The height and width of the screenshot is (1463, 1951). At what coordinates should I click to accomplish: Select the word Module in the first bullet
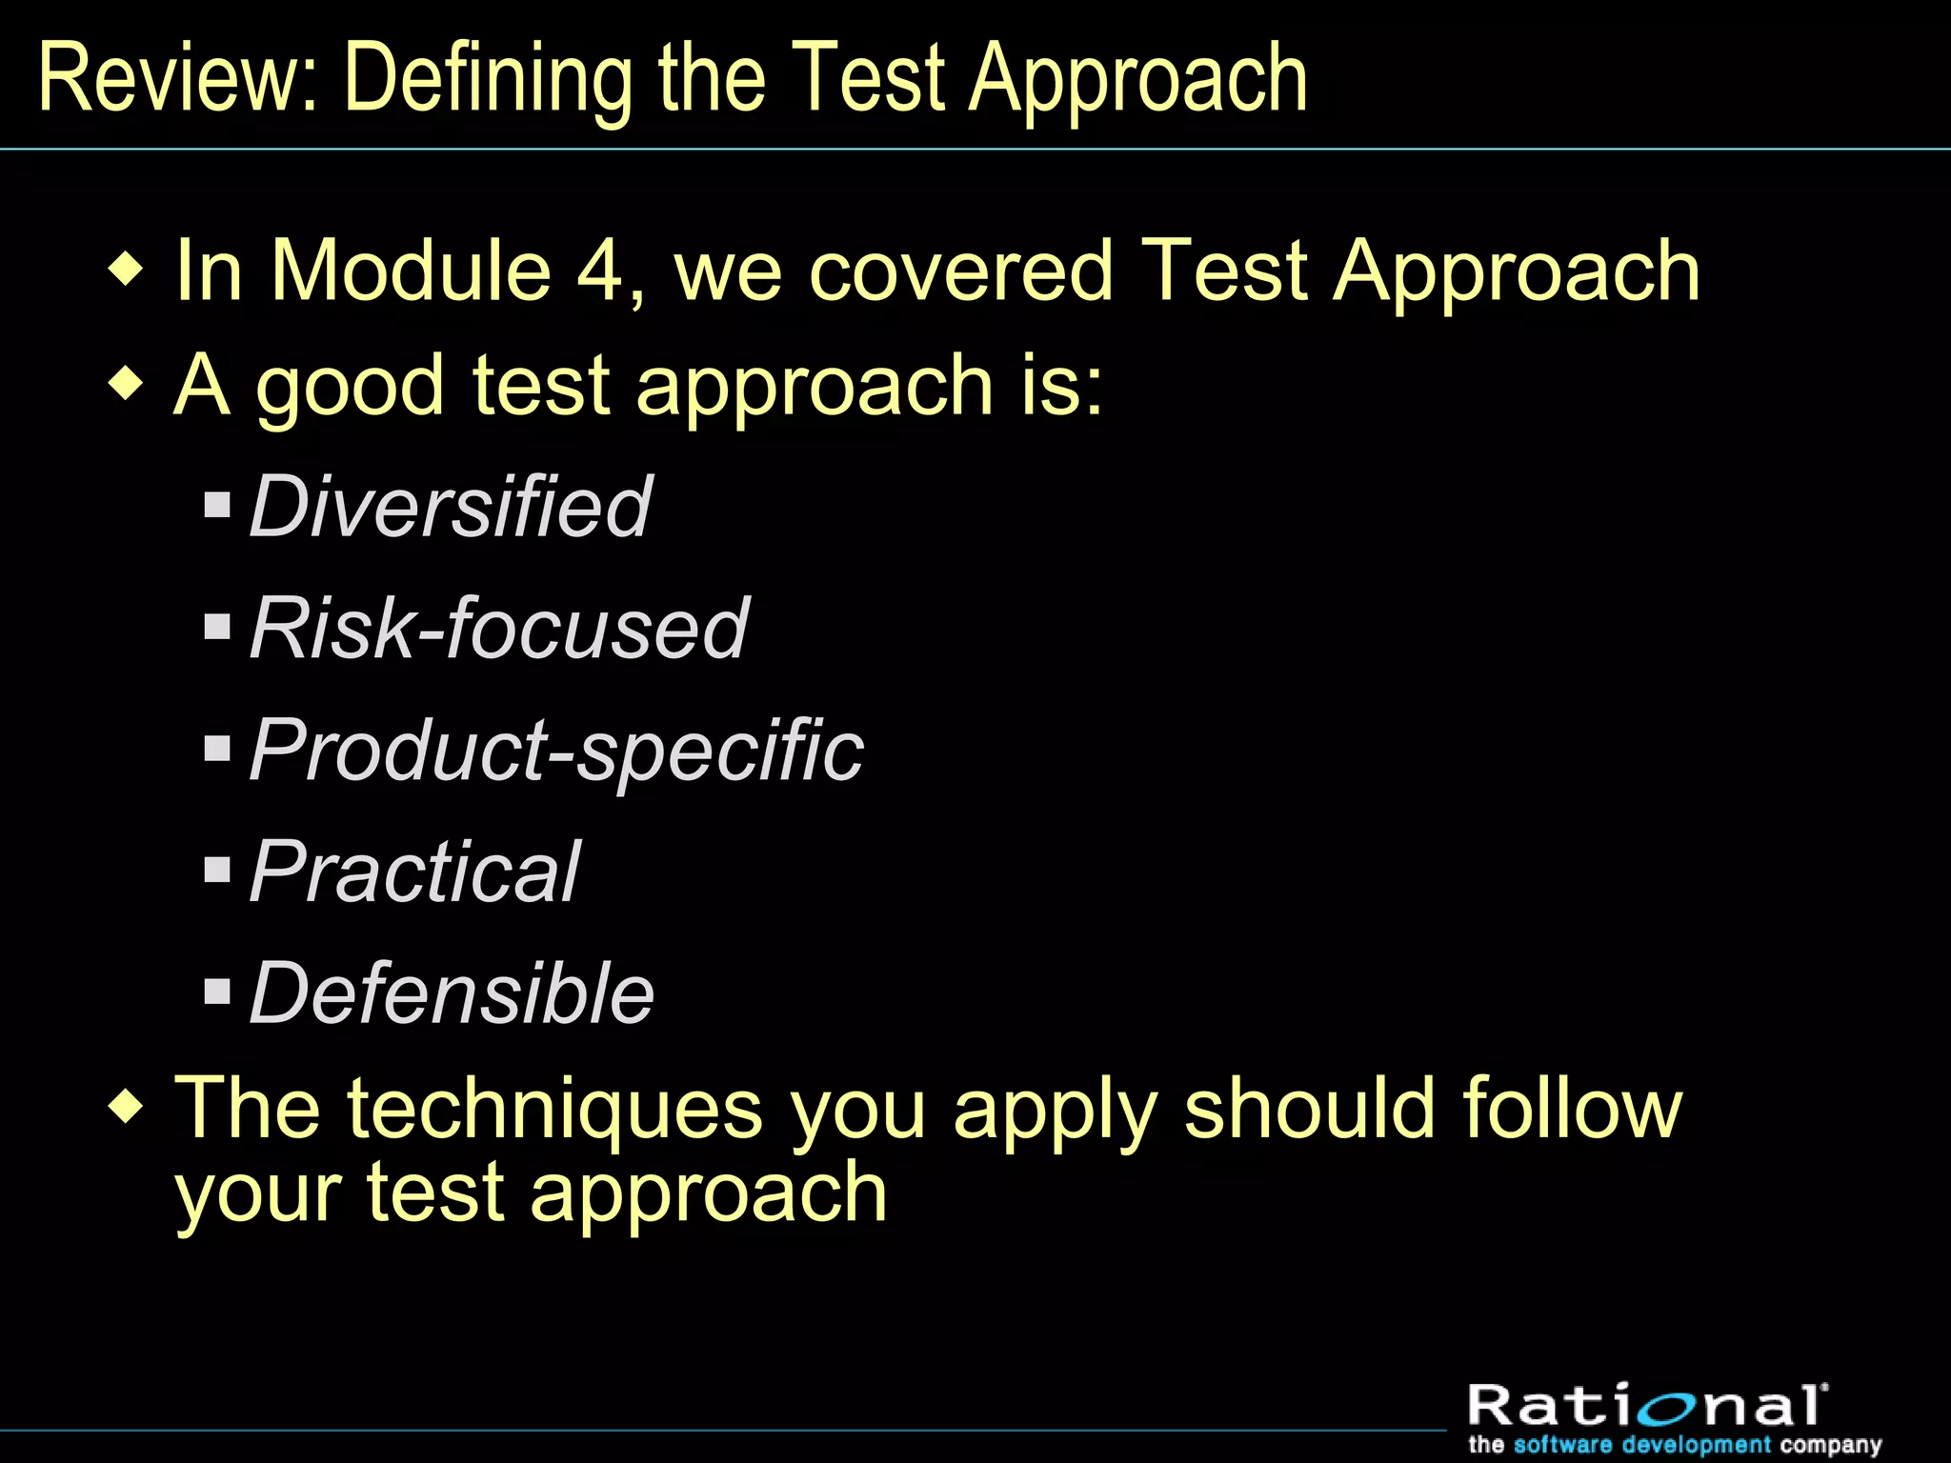pos(412,271)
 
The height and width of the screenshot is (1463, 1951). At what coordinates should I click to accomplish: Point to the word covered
pos(960,271)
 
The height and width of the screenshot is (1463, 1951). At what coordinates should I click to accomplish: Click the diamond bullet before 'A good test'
pos(127,385)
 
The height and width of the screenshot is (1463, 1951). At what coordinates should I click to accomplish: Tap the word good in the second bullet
pos(350,387)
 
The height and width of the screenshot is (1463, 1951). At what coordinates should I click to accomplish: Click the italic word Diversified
pos(450,507)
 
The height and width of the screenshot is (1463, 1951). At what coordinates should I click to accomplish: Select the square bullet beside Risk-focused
pos(218,626)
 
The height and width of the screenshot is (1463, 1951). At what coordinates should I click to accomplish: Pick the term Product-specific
pos(556,751)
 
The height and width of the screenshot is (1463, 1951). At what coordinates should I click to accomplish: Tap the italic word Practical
pos(413,872)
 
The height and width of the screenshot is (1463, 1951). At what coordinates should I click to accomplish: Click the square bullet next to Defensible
pos(218,992)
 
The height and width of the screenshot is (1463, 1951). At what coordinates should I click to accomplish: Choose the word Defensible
pos(452,993)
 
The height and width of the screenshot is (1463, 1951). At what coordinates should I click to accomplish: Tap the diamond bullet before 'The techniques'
pos(127,1108)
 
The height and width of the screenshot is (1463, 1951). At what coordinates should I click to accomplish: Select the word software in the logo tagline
pos(1562,1444)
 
